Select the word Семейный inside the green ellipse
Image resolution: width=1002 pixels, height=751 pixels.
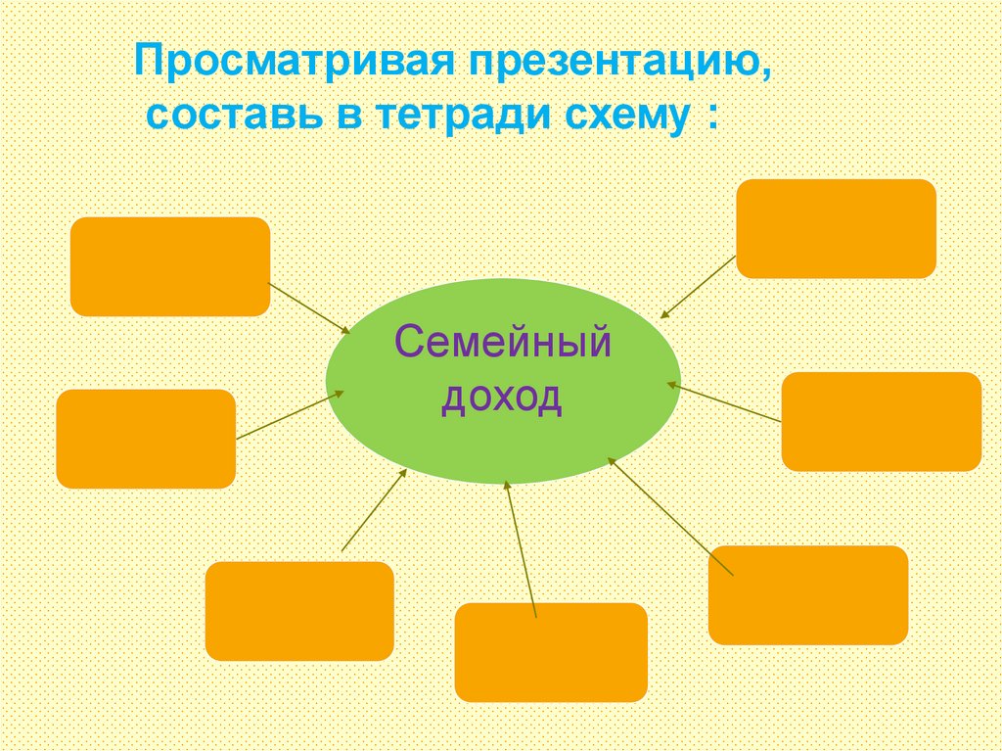coord(502,345)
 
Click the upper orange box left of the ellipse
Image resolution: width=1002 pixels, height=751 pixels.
coord(170,266)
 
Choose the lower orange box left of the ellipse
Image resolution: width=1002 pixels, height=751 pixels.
coord(146,439)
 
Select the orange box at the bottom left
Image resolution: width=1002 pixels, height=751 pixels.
coord(299,610)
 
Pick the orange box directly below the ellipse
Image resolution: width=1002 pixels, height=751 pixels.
coord(551,652)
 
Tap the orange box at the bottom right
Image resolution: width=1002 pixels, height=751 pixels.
coord(807,594)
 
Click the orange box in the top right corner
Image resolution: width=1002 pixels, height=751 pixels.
coord(836,228)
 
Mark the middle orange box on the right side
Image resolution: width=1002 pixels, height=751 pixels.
coord(881,421)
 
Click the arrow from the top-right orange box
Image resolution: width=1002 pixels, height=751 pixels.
coord(697,287)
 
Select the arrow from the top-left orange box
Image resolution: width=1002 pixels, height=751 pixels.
coord(309,308)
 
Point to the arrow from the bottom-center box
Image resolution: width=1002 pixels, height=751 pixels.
coord(521,548)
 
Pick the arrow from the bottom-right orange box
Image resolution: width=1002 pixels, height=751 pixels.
coord(669,516)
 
